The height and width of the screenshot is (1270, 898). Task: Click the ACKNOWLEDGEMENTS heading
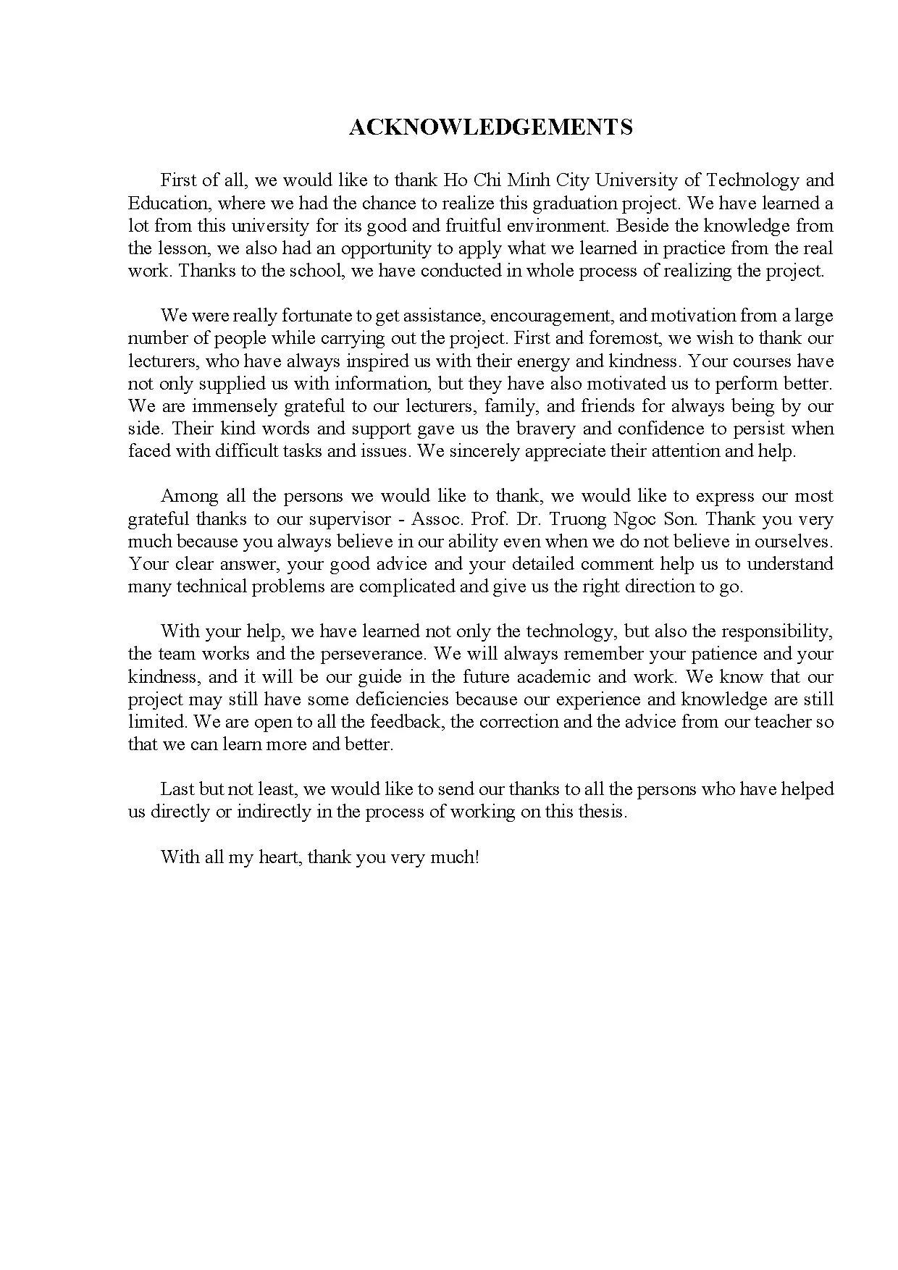pos(490,127)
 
